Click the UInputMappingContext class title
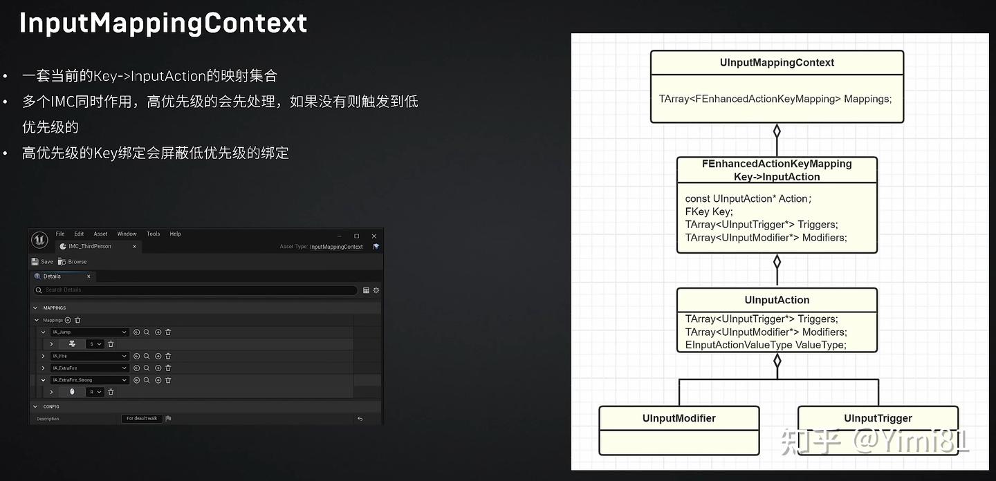coord(777,63)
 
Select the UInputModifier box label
coord(679,418)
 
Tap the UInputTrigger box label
coord(878,418)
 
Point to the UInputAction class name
coord(777,300)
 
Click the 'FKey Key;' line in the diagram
coord(709,211)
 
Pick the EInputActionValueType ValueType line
coord(766,345)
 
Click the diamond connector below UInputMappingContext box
coord(777,131)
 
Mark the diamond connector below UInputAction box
coord(777,361)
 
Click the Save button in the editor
coord(42,262)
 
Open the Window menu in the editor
coord(127,234)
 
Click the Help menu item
coord(175,234)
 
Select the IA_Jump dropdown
coord(90,332)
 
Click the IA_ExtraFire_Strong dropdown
coord(90,380)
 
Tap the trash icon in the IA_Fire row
coord(168,357)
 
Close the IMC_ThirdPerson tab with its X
coord(134,247)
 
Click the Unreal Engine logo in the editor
coord(39,240)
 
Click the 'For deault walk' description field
coord(142,419)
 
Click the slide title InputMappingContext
coord(163,23)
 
